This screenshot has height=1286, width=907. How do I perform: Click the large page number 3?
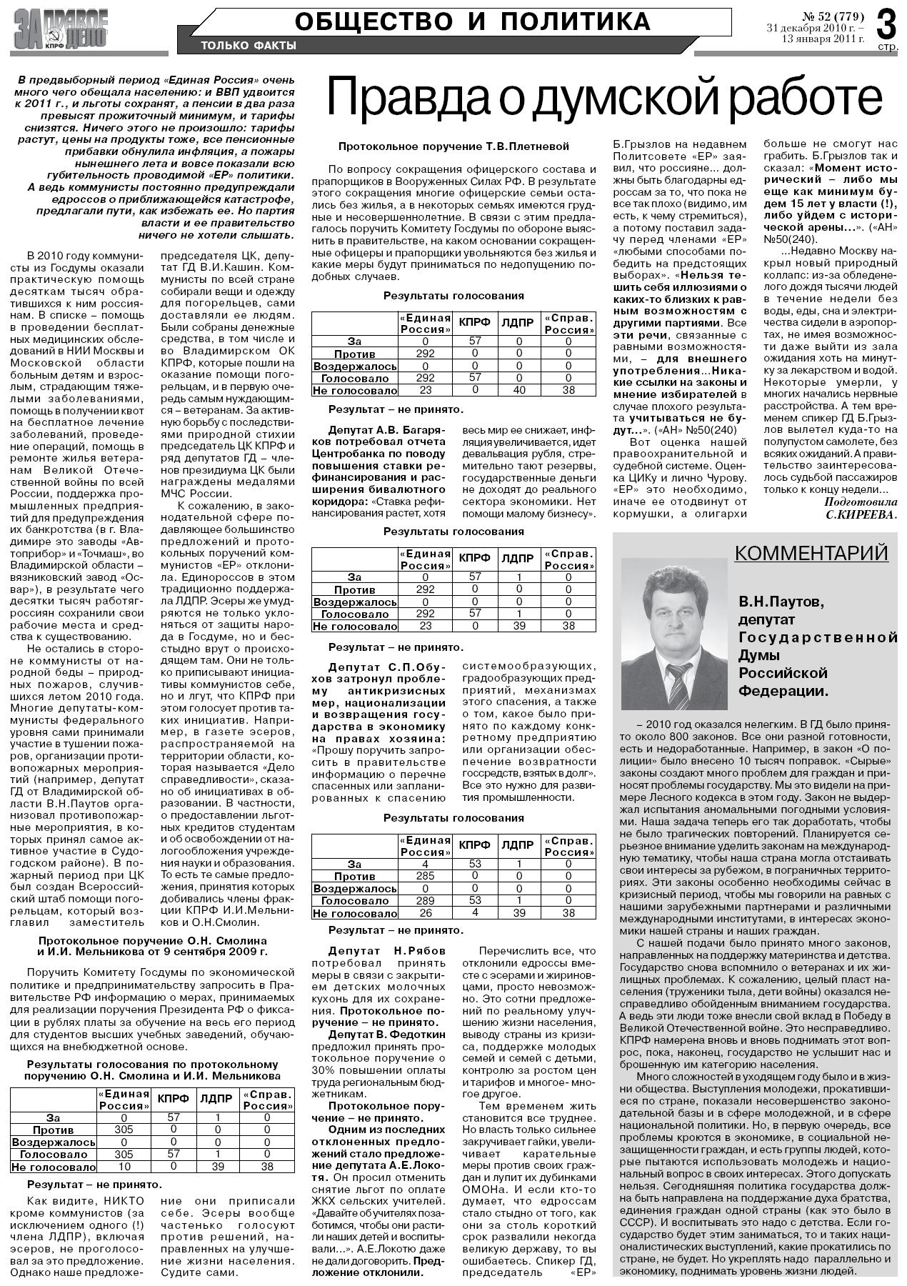(886, 24)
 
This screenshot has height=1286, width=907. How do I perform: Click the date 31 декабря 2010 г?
(815, 28)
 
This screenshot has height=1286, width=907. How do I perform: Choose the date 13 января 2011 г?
(823, 39)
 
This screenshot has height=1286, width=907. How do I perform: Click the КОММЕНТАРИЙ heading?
(811, 552)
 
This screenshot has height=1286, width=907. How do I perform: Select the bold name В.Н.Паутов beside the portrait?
(781, 602)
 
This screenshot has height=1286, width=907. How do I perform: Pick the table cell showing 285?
(425, 876)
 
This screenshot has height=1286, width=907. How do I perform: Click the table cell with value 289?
(425, 901)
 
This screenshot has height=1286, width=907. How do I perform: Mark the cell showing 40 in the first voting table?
(518, 390)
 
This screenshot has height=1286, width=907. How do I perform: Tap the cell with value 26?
(425, 913)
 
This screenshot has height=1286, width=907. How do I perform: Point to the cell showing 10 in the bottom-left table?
(124, 1167)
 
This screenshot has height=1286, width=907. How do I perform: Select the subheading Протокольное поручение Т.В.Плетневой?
(453, 146)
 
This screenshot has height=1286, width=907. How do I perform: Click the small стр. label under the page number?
(887, 47)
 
